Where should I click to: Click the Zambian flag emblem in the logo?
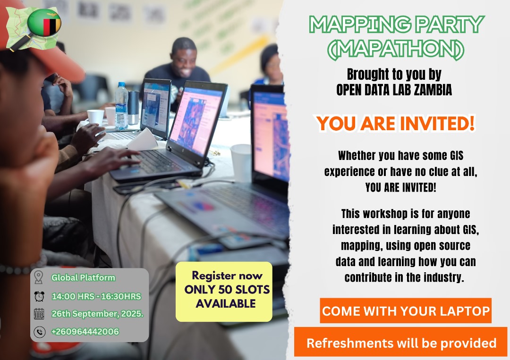45,23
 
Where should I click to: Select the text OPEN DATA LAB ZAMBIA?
394,90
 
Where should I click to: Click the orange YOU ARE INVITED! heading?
396,124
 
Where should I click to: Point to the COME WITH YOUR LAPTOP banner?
405,311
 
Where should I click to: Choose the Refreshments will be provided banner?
401,343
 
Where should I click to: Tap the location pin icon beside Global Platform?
39,278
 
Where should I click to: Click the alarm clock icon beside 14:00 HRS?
39,296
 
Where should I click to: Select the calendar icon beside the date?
39,314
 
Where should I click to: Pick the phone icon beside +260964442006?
39,332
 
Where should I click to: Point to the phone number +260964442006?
85,332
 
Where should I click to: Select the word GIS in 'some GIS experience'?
453,155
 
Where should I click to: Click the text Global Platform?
83,278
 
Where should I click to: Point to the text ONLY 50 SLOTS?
227,290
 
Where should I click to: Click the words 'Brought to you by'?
394,75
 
